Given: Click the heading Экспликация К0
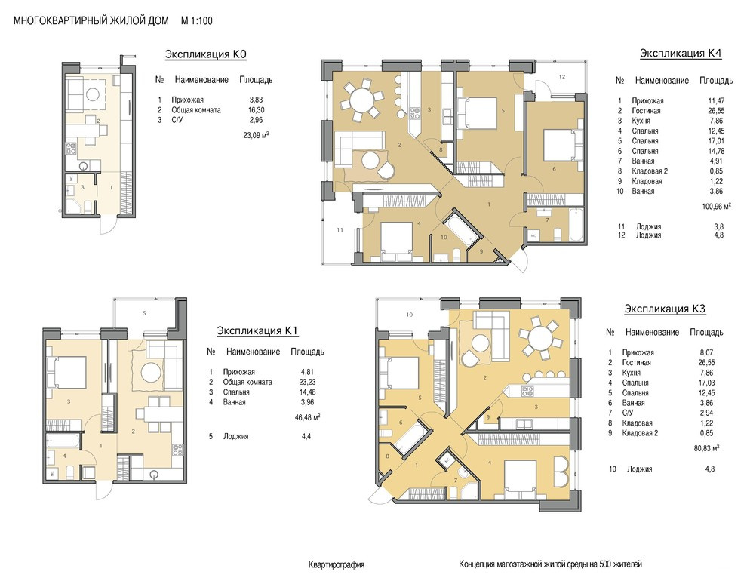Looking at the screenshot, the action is pos(206,54).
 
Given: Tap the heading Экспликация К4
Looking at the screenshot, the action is pos(681,53).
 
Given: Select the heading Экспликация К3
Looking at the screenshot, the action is pos(665,309).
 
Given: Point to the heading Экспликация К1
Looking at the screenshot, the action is pos(258,330).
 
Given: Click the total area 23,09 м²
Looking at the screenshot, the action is pos(256,135).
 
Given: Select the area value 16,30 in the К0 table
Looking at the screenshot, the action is pos(256,110).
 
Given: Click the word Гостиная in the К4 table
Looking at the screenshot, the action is pos(646,111).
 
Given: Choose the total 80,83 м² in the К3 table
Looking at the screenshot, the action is pos(706,448).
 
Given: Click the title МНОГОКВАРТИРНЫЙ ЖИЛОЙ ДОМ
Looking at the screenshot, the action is pos(91,21).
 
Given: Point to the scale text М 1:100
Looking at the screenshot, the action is pos(197,21).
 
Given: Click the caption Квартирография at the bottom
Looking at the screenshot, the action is pos(337,565).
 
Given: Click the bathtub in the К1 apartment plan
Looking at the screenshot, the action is pos(63,441).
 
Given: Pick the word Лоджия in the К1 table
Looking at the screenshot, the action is pos(236,436).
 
